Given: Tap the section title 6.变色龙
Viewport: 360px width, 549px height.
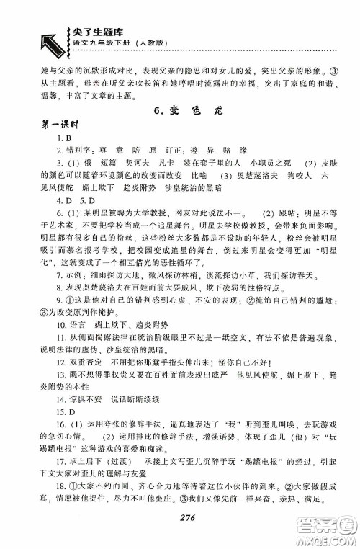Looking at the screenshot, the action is click(x=180, y=111).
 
